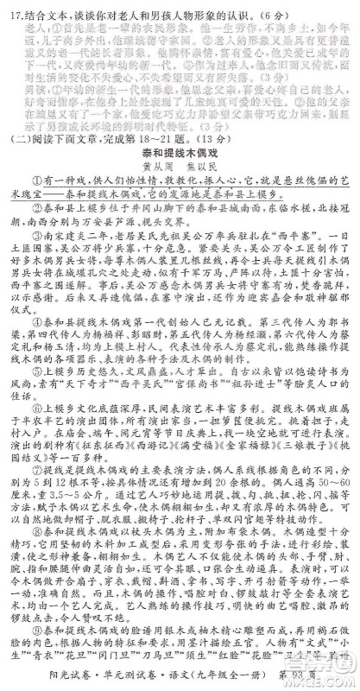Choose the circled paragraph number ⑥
pos(37,429)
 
